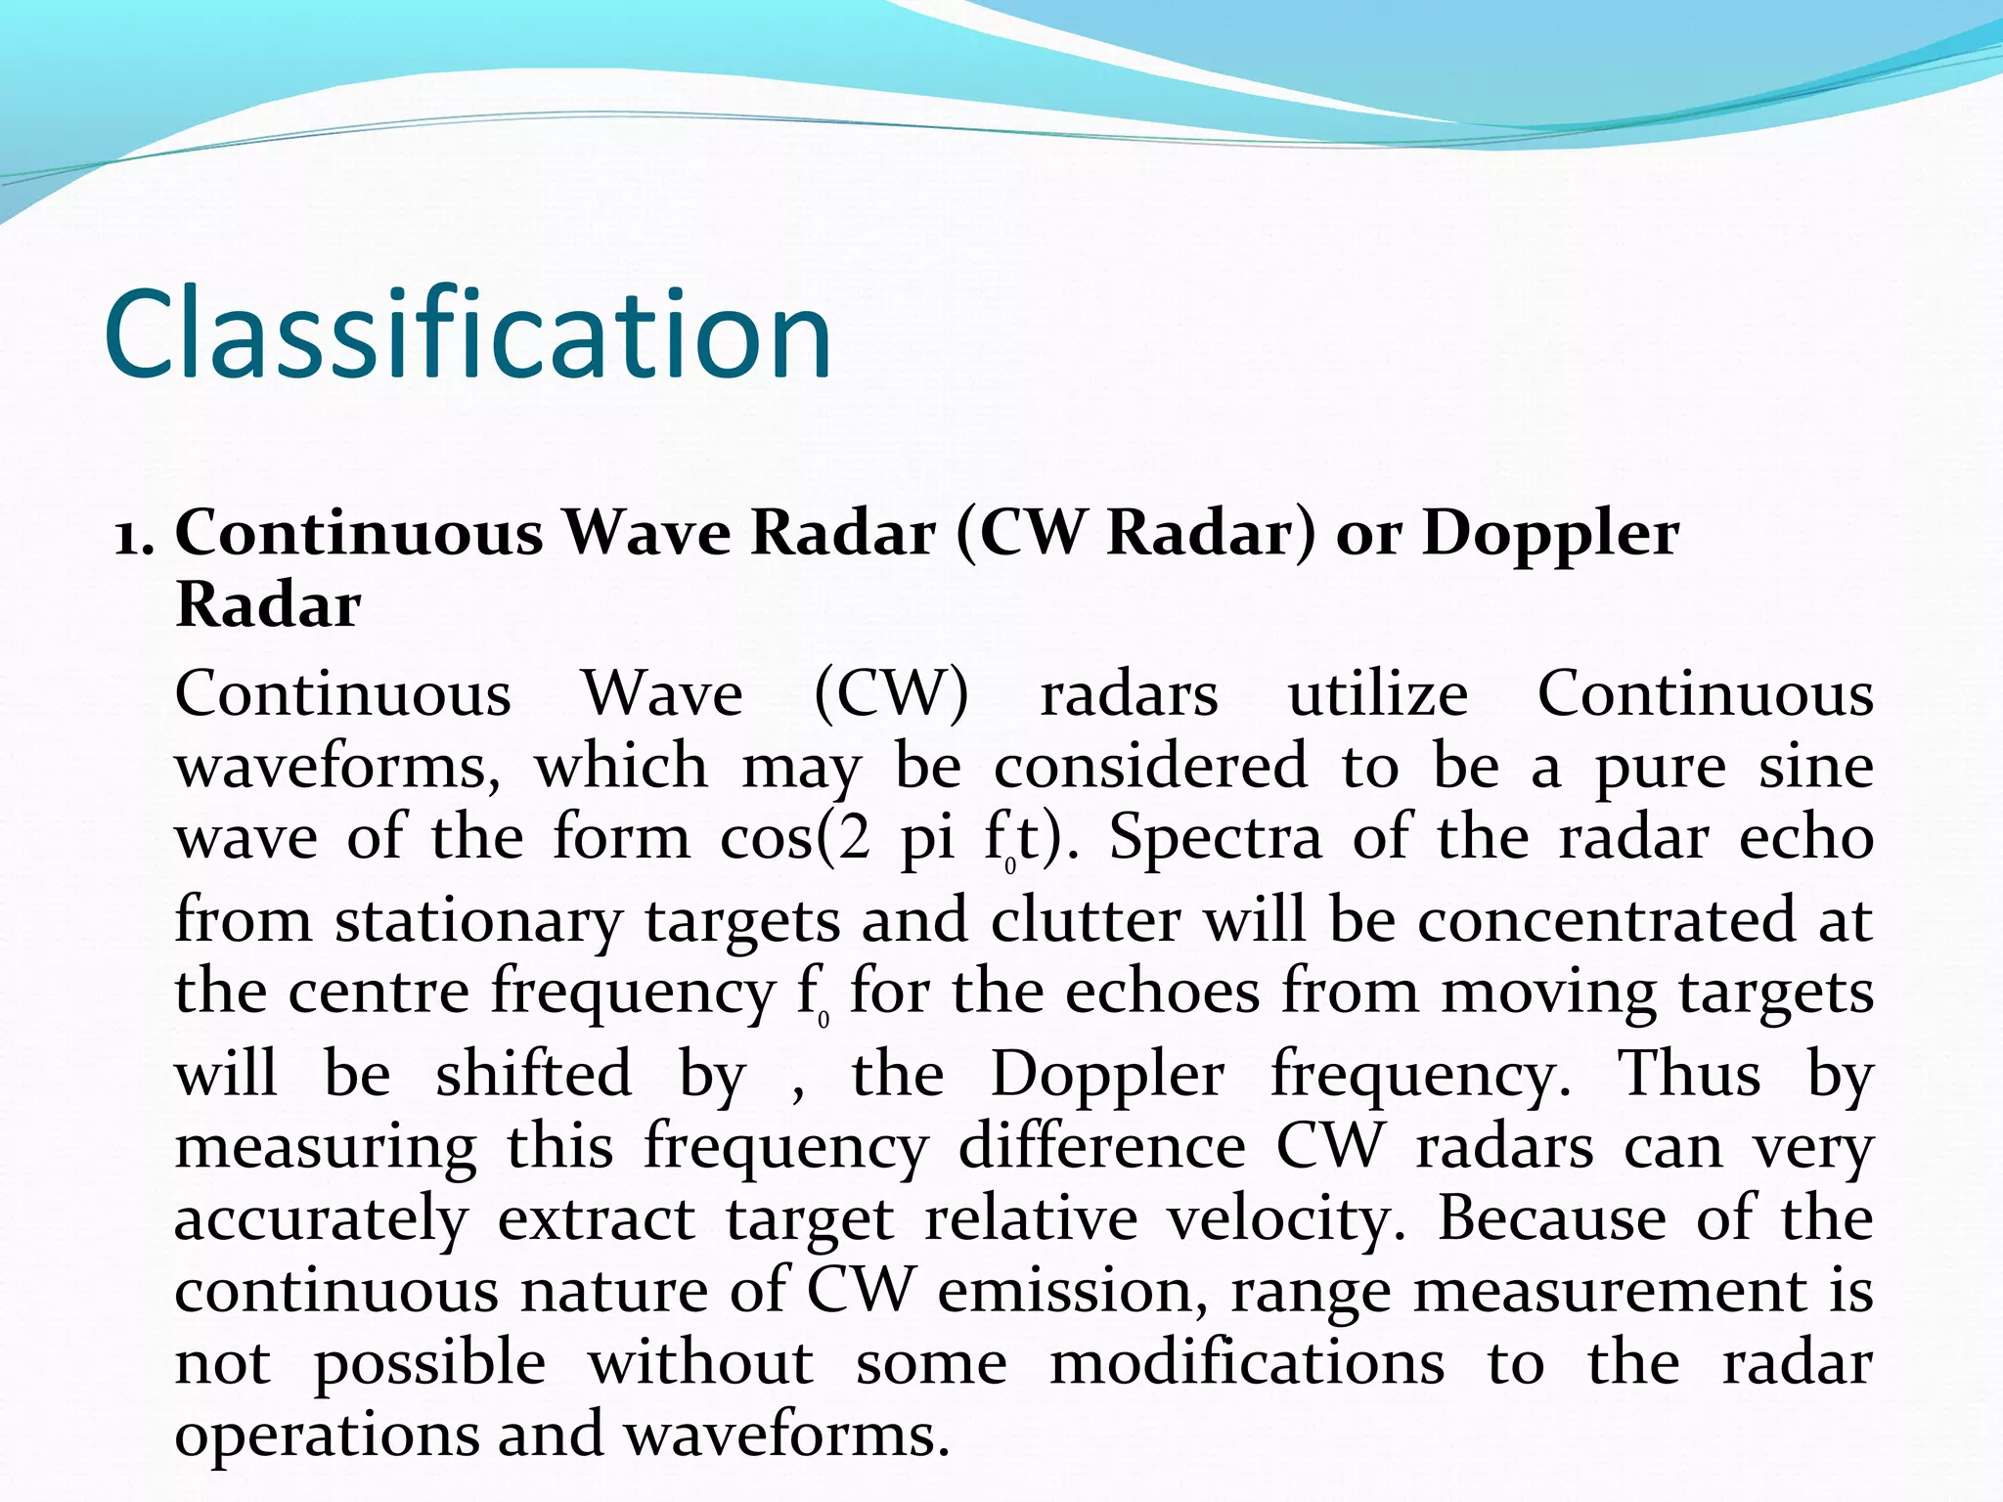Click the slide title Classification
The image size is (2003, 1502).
[467, 334]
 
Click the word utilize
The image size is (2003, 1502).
[1377, 695]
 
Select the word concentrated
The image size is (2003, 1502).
[1606, 921]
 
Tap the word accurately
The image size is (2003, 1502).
[322, 1220]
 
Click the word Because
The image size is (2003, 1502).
[1551, 1218]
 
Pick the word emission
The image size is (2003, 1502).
[1072, 1292]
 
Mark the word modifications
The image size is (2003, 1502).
[1247, 1364]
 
